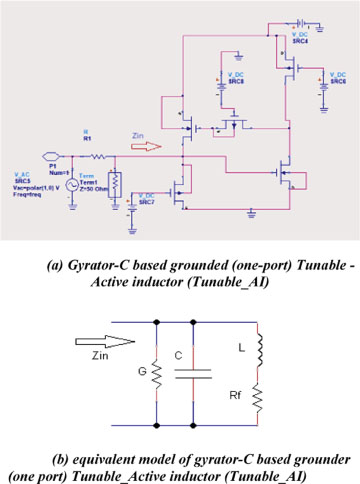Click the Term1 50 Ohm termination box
click(115, 184)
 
